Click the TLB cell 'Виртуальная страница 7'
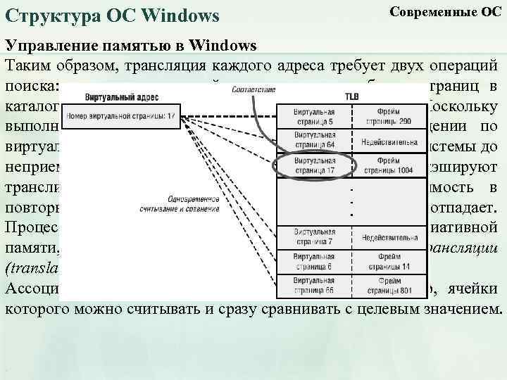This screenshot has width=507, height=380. (x=314, y=236)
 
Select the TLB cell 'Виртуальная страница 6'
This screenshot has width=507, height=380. (x=314, y=261)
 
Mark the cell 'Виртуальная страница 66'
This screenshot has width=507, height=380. (x=314, y=285)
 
